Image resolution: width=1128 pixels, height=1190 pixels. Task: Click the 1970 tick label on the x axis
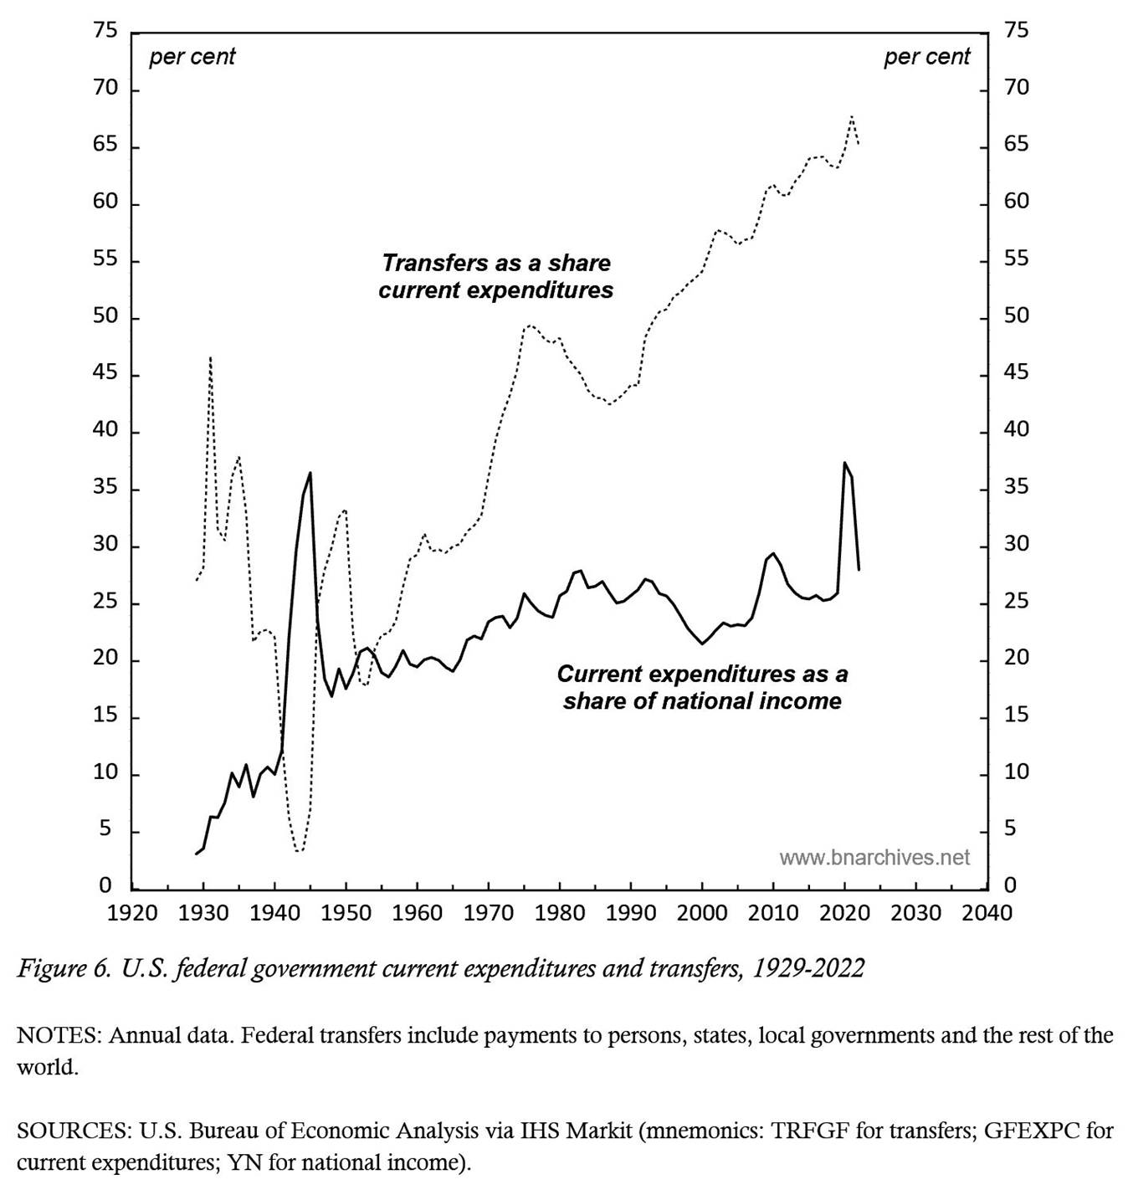pos(489,911)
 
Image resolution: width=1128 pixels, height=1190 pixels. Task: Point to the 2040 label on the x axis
pos(987,911)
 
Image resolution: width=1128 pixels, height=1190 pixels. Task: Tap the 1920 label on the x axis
pos(132,911)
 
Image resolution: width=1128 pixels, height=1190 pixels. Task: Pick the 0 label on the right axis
pos(1010,885)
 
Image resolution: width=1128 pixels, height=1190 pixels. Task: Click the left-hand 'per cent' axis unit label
pos(192,57)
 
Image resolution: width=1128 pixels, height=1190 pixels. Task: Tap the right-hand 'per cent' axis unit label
pos(926,57)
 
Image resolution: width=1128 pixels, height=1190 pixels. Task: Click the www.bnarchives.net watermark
pos(874,857)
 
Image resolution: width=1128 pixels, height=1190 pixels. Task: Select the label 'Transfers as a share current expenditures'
pos(496,276)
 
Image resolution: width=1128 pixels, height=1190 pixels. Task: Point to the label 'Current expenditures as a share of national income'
pos(702,687)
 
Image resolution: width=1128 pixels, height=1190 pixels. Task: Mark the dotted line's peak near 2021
pos(852,115)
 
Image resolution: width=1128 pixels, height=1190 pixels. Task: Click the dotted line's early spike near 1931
pos(210,356)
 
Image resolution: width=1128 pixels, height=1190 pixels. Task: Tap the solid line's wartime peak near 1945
pos(310,473)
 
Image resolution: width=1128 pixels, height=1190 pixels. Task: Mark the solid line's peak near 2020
pos(844,463)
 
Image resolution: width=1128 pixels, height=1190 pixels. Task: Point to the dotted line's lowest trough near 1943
pos(298,851)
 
